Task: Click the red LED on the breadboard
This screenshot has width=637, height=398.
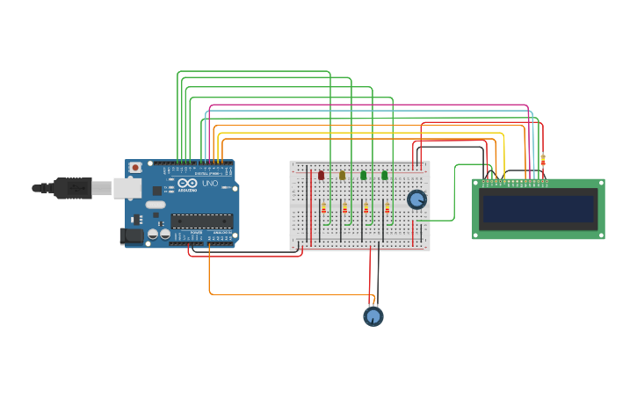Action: coord(321,176)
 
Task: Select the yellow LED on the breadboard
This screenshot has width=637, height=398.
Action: coord(343,176)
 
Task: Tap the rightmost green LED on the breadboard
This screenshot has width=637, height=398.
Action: coord(385,176)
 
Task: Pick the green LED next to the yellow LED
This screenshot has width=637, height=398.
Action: coord(364,176)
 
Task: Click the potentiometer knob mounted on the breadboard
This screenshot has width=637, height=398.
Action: coord(416,199)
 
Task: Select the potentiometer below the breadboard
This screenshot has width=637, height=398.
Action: coord(373,316)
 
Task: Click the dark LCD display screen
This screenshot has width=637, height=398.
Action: coord(538,209)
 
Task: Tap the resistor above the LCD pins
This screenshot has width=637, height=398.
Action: coord(543,161)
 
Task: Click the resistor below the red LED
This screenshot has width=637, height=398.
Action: coord(323,208)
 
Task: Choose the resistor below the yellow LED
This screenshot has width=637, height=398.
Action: coord(344,208)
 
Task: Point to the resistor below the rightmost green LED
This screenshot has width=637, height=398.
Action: coord(387,208)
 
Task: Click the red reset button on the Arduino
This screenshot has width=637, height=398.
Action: coord(135,167)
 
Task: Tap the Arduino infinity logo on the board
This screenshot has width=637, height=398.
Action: coord(187,184)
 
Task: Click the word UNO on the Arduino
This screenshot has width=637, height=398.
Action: coord(210,184)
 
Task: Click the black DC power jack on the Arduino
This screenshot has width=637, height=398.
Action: coord(131,235)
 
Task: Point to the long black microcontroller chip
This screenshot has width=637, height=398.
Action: coord(201,221)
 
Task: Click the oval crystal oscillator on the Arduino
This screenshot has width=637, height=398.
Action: coord(156,205)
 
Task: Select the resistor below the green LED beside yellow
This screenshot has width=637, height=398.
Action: coord(366,208)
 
